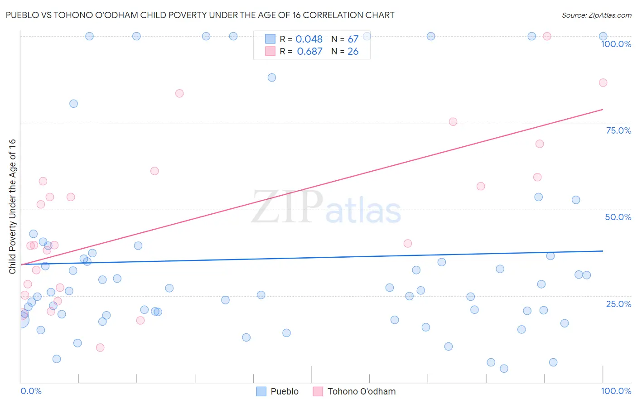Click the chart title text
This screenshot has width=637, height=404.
click(200, 15)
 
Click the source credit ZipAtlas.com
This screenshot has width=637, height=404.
click(596, 15)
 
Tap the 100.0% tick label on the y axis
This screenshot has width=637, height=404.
click(616, 44)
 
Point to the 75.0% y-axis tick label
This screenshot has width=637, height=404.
click(618, 130)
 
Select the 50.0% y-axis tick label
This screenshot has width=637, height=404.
click(618, 217)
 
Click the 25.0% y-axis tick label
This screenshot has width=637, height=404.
click(618, 304)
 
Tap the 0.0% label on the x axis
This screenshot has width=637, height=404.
click(31, 391)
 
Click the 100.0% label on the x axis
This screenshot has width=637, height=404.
click(616, 391)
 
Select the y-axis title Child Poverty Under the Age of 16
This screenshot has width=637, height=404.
click(12, 206)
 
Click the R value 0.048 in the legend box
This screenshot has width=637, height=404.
click(309, 39)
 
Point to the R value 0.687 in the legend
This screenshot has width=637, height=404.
click(309, 52)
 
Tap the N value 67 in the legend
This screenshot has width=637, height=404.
click(353, 39)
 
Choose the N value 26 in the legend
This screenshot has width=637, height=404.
click(353, 52)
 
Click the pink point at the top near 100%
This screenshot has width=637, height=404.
click(547, 36)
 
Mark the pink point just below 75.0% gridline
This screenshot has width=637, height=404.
click(453, 122)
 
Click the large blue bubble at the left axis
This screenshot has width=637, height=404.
click(20, 320)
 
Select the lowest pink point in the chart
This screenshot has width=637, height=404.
click(100, 348)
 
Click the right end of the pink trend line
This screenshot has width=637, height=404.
click(603, 110)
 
